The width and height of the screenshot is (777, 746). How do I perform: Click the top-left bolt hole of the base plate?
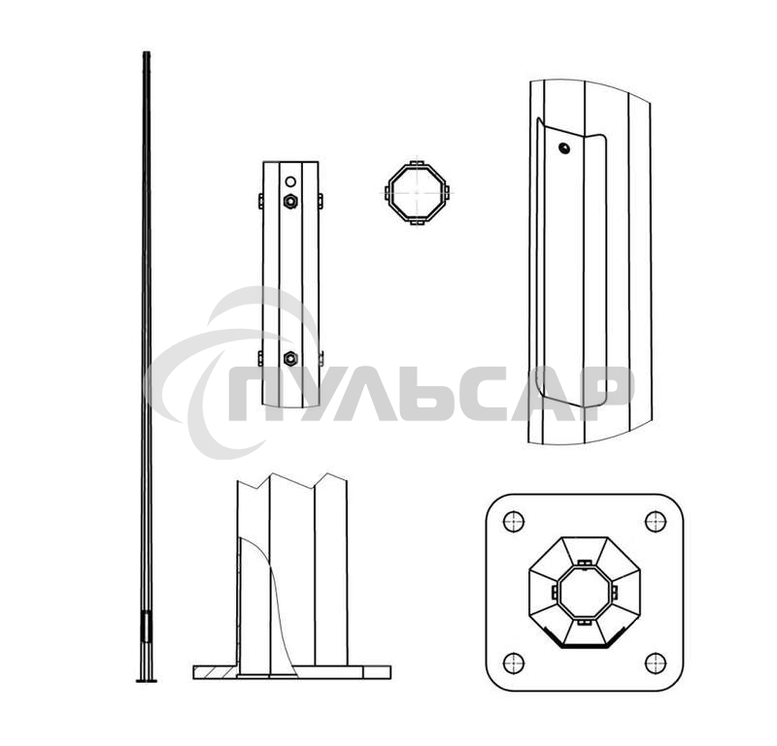click(514, 521)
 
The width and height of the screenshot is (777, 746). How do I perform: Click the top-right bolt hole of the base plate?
click(656, 521)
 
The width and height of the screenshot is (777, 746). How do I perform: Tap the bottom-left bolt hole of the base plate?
click(514, 663)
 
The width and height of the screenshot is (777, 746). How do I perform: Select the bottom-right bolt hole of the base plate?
click(656, 663)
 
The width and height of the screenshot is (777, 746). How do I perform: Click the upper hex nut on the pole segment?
click(290, 201)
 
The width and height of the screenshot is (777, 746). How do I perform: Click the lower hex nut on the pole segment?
click(290, 358)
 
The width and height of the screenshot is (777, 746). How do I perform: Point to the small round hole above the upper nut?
click(290, 181)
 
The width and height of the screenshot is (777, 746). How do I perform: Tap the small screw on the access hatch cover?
click(564, 147)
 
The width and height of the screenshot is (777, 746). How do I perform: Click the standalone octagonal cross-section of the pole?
click(418, 193)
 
